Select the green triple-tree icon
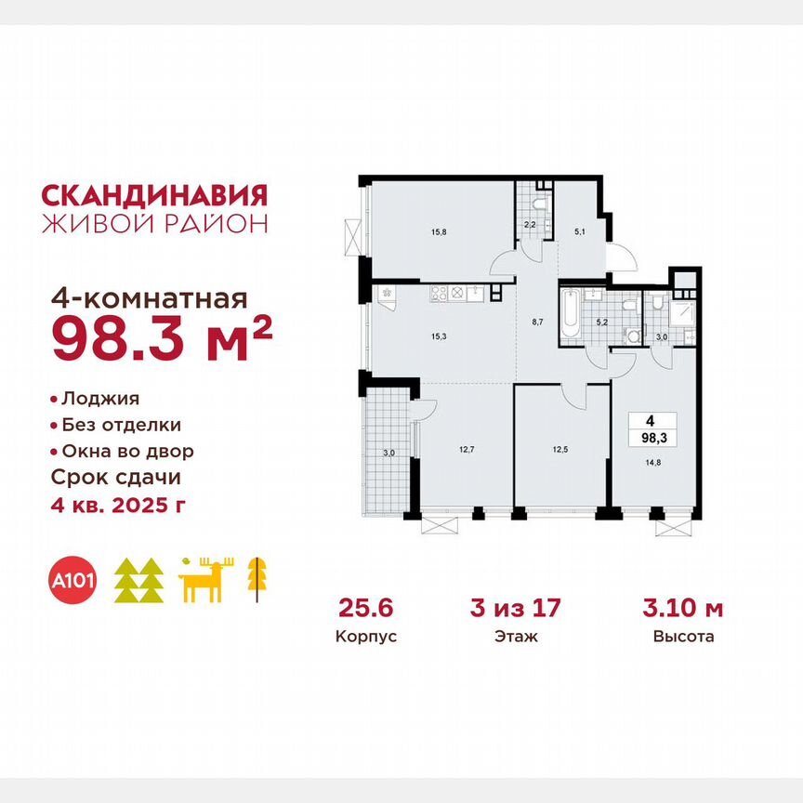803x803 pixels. (x=138, y=581)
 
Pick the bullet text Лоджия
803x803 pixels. (x=99, y=399)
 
